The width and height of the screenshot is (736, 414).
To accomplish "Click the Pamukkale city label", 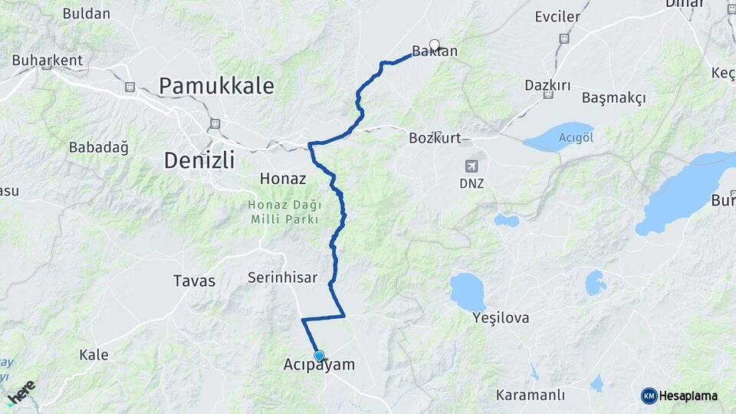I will point(216,86).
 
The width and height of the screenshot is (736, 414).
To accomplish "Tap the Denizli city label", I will point(199,161).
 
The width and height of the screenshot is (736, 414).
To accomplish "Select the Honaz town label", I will point(283,179).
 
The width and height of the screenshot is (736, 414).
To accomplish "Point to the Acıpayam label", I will point(319,366).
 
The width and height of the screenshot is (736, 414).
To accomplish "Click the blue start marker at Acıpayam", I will point(319,356).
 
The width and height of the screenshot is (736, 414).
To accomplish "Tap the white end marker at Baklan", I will point(435,44).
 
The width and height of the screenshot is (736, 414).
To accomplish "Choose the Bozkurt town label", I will point(435,139).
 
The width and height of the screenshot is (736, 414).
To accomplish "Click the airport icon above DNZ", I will point(471,165).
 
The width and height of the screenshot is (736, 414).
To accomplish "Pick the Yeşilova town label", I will point(501,317).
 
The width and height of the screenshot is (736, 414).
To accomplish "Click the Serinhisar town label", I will point(282,278).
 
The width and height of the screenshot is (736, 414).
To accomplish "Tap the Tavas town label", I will point(194,281).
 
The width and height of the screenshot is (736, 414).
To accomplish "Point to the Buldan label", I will point(86,14).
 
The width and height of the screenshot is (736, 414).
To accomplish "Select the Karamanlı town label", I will point(531,396).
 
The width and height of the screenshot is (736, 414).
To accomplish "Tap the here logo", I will point(22,392).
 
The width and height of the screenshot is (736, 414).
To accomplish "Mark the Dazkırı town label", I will point(547,85).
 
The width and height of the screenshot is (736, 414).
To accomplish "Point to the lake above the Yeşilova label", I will point(467,291).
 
